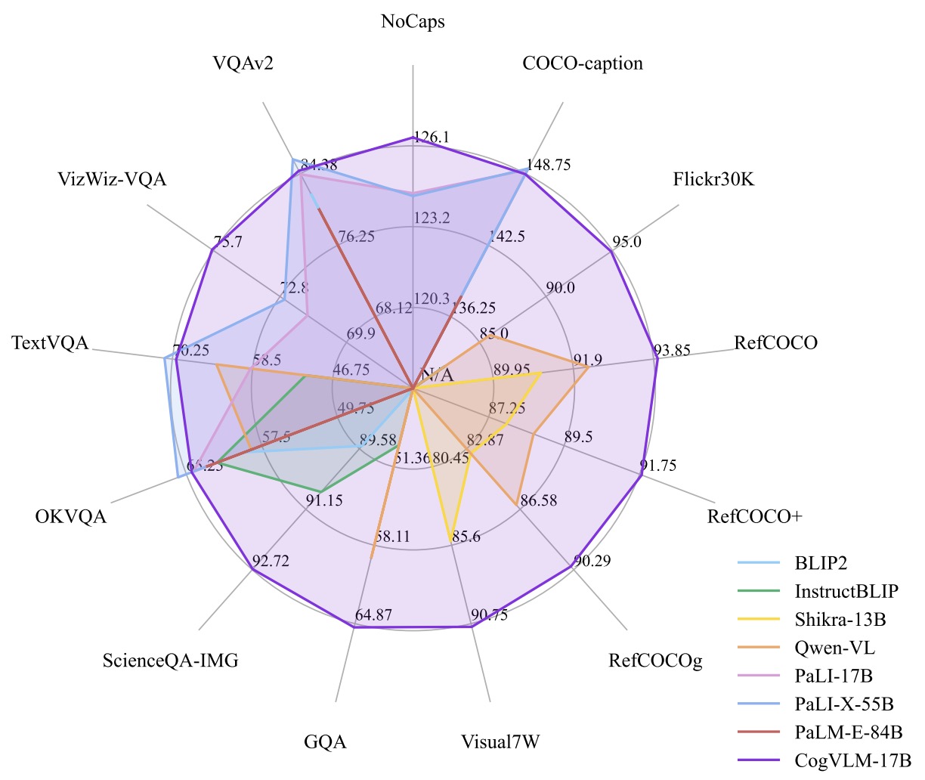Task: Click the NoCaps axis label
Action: [x=413, y=22]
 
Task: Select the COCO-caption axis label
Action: [x=583, y=63]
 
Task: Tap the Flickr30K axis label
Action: [x=713, y=180]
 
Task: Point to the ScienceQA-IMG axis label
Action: [x=171, y=661]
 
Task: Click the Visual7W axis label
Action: [x=500, y=742]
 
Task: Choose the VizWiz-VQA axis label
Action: [x=112, y=179]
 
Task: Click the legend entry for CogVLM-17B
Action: [x=853, y=760]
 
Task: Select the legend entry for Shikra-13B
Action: [x=840, y=620]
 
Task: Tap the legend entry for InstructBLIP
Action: [x=846, y=591]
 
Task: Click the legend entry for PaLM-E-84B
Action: [x=849, y=732]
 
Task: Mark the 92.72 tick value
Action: [x=271, y=562]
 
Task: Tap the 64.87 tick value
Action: [x=373, y=615]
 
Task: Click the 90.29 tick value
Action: [x=592, y=562]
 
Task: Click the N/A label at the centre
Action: [x=437, y=375]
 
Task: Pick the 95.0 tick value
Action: [x=626, y=242]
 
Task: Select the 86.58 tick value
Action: [x=539, y=500]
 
